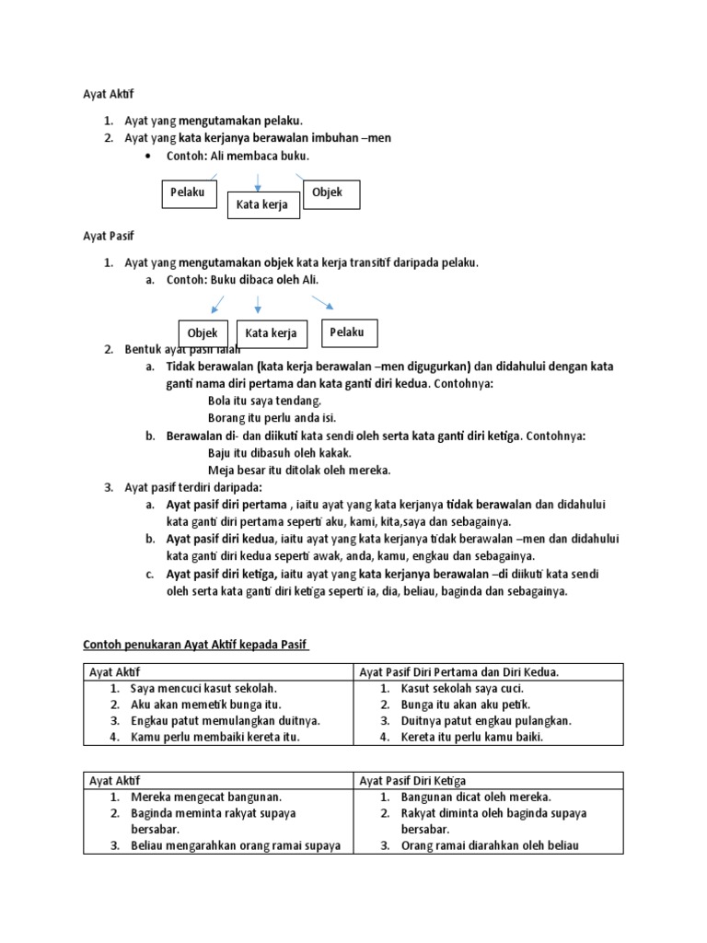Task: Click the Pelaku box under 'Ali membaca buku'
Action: click(189, 193)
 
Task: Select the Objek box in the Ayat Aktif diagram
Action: click(330, 193)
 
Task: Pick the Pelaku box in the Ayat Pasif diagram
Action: click(348, 332)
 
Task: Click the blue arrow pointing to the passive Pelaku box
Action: click(322, 302)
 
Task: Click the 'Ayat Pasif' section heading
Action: click(109, 237)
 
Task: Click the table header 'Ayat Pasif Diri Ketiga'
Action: click(412, 780)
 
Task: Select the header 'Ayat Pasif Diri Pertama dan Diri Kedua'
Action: click(459, 672)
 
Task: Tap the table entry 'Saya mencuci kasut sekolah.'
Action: click(203, 688)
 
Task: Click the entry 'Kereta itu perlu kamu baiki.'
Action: click(471, 738)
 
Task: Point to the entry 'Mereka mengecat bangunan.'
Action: click(206, 797)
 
